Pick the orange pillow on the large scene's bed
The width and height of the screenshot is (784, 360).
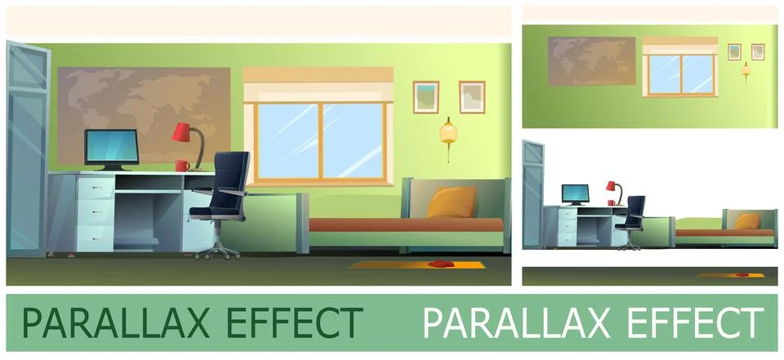[x=452, y=202]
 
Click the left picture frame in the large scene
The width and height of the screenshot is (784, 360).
[x=425, y=96]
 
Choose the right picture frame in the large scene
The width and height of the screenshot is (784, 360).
[x=471, y=96]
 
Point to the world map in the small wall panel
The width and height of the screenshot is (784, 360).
[x=591, y=60]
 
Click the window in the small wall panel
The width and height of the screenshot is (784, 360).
[x=679, y=72]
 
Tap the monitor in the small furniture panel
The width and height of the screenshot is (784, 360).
[x=575, y=193]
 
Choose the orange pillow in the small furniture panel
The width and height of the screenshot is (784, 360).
[x=746, y=220]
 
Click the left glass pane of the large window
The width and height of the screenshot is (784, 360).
[x=288, y=140]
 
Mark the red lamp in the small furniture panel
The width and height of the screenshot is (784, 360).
[x=612, y=188]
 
